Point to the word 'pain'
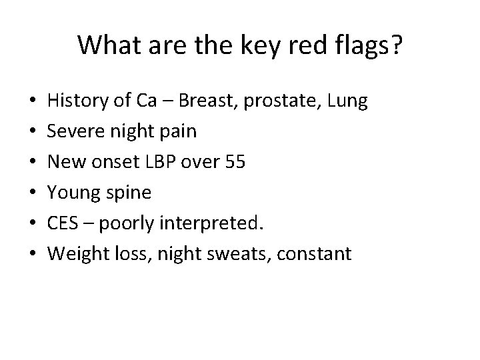179,131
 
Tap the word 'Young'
73,193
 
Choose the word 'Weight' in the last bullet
77,254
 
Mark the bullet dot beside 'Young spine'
33,193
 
